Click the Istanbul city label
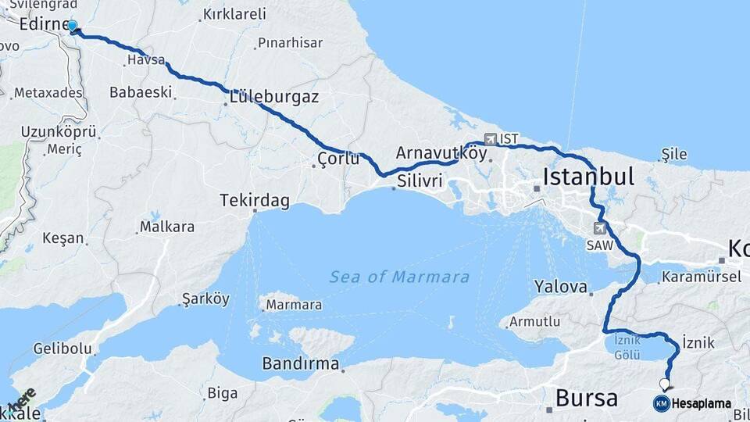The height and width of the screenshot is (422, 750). pos(588,177)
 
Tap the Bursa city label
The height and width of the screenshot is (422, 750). pos(586,397)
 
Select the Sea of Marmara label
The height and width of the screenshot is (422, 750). pos(399,277)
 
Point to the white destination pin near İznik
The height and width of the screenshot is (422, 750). pos(664,384)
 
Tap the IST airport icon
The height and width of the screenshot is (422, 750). pos(491,139)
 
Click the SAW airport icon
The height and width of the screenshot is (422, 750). pos(599,228)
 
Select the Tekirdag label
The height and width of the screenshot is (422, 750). pos(255,201)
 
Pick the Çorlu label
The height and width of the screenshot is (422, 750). pos(338,159)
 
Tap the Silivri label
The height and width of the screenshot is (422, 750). pos(420,181)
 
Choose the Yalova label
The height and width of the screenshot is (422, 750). pos(561,287)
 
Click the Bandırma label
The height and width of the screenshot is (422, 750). pos(301,364)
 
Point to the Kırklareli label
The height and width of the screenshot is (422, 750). pos(234,14)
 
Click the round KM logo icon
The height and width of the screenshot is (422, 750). pos(661,404)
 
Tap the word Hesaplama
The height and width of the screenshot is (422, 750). pos(702,404)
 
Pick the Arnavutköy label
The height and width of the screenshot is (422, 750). pos(441,153)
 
